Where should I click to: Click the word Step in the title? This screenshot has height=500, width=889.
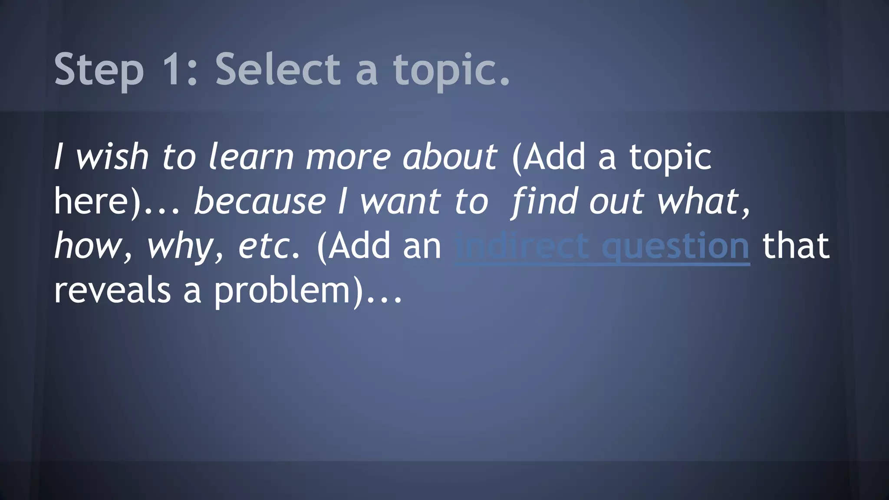tap(99, 69)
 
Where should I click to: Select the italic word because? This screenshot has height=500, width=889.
tap(260, 202)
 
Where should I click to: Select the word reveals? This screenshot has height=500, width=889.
tap(112, 290)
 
